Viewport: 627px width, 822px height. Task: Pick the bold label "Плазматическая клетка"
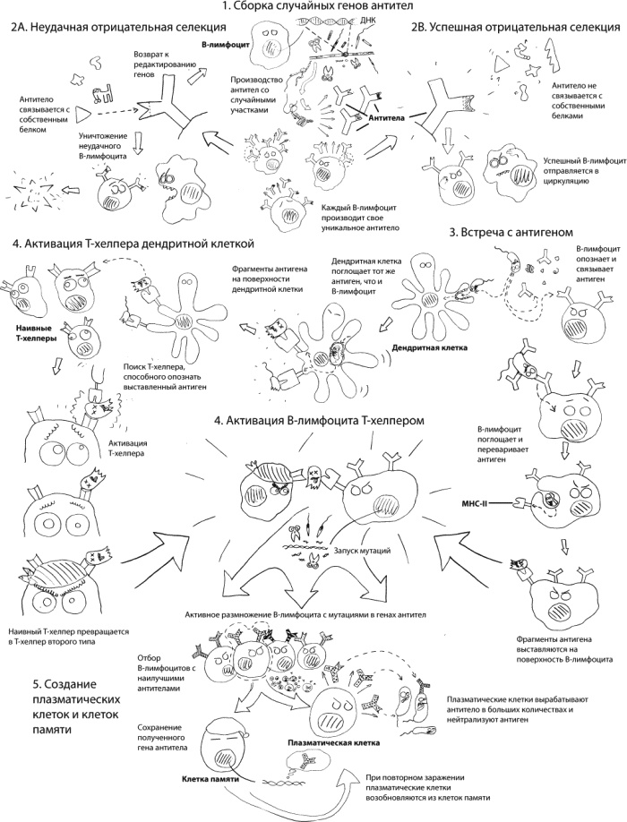pos(327,743)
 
